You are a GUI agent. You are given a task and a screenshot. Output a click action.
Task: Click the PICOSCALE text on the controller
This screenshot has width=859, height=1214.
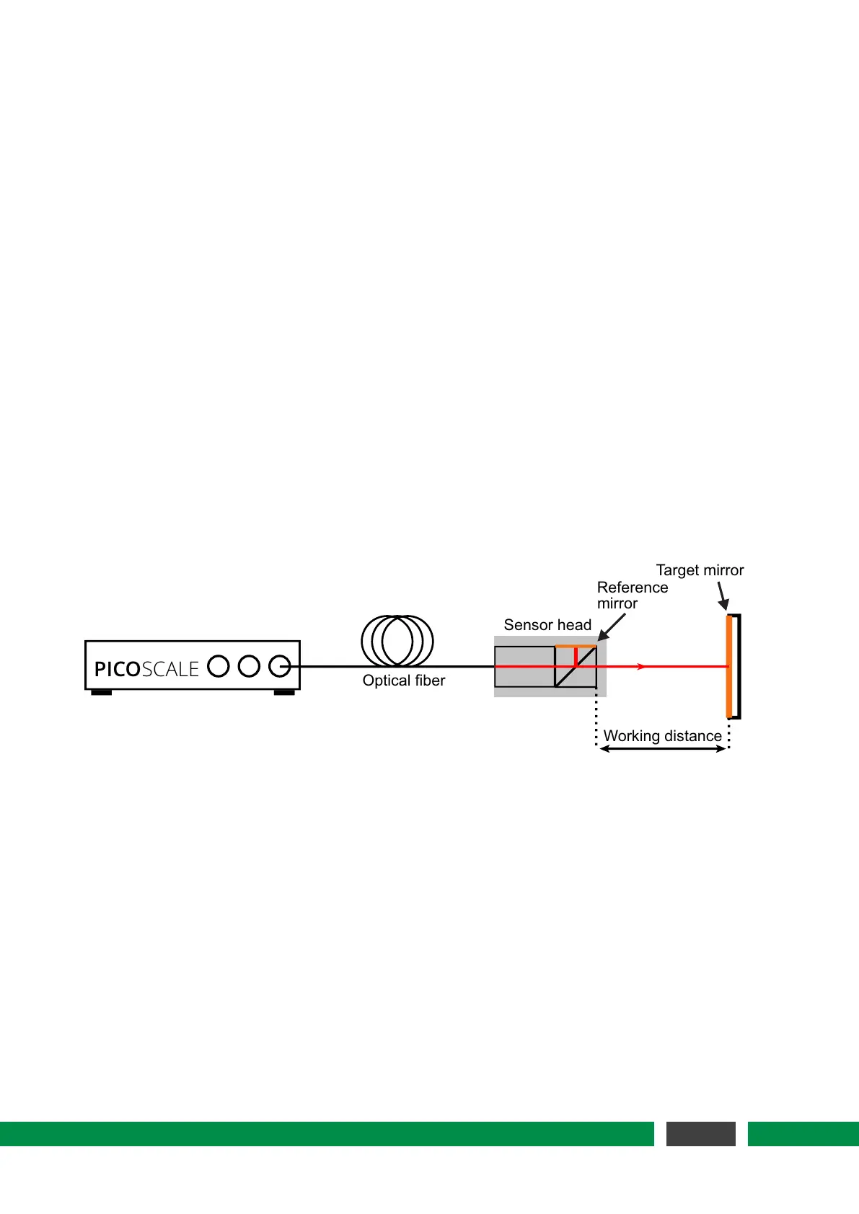click(x=146, y=669)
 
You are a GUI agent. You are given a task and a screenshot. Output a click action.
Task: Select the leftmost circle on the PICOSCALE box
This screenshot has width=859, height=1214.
click(x=219, y=666)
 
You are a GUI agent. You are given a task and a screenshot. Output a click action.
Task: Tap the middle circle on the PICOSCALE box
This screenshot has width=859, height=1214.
click(x=249, y=666)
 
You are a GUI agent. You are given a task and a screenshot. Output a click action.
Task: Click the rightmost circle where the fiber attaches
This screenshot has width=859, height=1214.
click(x=279, y=666)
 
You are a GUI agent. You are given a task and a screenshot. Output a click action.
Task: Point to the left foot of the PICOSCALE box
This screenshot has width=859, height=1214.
click(x=101, y=693)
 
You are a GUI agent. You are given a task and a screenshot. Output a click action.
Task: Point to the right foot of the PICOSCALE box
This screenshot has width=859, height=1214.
click(x=284, y=693)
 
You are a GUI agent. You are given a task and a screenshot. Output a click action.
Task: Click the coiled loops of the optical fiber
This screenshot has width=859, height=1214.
click(x=397, y=640)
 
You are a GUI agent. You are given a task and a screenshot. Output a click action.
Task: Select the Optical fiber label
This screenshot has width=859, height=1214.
click(x=404, y=681)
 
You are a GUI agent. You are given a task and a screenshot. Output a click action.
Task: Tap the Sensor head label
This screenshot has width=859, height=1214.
click(x=547, y=625)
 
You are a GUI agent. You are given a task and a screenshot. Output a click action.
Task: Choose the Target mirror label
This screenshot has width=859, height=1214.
click(x=700, y=570)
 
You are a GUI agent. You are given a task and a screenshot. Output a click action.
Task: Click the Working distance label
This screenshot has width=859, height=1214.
click(x=662, y=736)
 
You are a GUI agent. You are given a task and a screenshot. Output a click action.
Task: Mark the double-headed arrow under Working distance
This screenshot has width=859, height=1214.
click(x=662, y=749)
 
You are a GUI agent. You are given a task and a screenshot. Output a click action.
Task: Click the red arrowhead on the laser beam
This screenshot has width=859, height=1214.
click(x=641, y=667)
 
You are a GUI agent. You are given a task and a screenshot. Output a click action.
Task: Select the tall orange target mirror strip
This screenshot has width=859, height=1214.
click(x=729, y=666)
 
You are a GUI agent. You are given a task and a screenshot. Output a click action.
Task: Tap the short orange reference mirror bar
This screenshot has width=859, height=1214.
click(x=576, y=647)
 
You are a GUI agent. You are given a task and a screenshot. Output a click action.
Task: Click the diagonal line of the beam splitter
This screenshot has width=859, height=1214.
click(x=576, y=667)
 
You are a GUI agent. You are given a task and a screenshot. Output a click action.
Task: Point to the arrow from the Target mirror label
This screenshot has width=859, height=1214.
click(x=722, y=596)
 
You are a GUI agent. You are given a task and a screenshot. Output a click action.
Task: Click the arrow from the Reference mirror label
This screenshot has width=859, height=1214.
click(x=612, y=627)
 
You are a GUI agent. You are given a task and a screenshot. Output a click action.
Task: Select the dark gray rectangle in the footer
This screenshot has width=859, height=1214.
click(x=700, y=1133)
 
